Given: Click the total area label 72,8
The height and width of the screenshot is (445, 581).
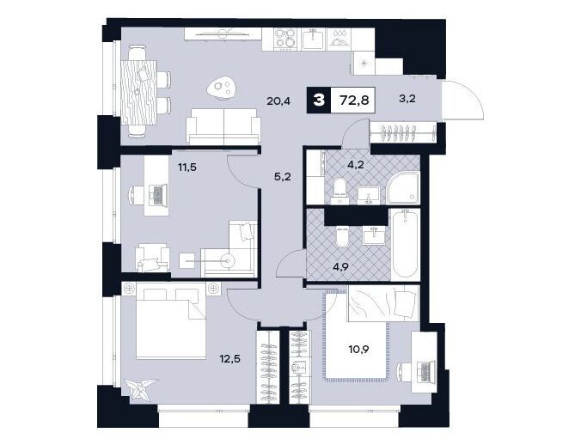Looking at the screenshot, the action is click(x=354, y=100).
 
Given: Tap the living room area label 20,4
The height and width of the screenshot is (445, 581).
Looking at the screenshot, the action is click(x=278, y=100).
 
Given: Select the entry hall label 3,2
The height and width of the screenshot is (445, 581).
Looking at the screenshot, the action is click(x=407, y=99).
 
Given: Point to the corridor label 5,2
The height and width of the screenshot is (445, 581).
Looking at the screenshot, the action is click(x=283, y=177).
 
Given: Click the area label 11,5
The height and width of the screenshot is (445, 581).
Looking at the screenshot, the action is click(x=187, y=168).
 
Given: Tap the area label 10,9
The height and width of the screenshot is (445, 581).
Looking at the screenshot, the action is click(x=358, y=349).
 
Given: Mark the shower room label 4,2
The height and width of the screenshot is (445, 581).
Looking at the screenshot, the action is click(x=356, y=164).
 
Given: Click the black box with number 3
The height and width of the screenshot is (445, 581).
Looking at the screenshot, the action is click(x=317, y=100).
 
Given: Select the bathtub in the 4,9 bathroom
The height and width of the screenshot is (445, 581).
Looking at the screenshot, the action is click(x=406, y=244).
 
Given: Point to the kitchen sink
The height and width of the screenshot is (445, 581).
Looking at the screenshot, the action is click(x=314, y=40).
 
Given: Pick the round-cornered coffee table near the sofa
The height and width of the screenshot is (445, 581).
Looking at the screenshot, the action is click(x=223, y=88).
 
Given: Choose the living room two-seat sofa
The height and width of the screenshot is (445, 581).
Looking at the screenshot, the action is click(x=223, y=126).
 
